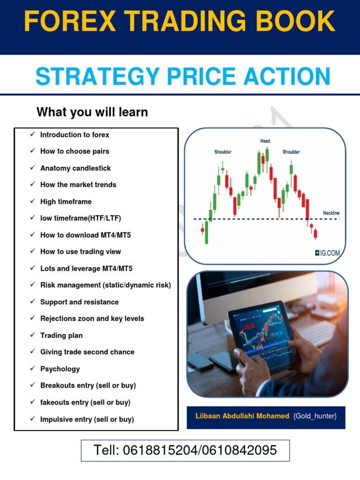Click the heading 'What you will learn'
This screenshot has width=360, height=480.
(92, 112)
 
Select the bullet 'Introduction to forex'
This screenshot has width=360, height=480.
(75, 135)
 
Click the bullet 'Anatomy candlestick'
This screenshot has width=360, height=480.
(75, 168)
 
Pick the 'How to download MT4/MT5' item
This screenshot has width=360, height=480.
(85, 235)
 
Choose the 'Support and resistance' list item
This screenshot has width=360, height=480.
(79, 302)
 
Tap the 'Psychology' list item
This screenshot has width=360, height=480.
(60, 369)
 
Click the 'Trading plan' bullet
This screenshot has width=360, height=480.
(61, 336)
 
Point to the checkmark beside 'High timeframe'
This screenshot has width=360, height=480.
(33, 202)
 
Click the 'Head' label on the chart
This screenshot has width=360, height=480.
(265, 141)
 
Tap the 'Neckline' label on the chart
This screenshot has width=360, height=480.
(331, 213)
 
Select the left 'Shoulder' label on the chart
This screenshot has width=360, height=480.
(223, 152)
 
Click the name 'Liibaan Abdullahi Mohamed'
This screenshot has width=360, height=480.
(242, 416)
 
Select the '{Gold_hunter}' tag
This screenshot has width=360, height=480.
(315, 416)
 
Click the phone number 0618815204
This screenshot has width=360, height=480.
(153, 451)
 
